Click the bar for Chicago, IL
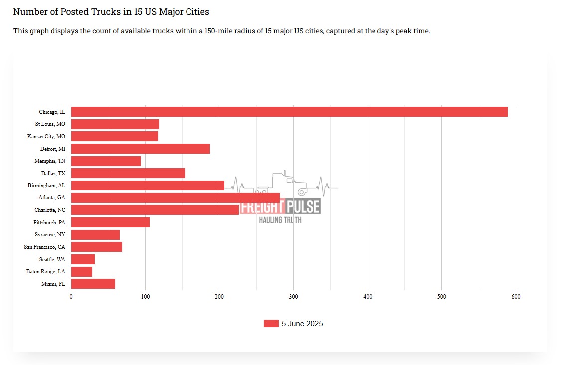click(289, 112)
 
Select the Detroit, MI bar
click(141, 149)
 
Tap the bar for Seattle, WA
click(83, 259)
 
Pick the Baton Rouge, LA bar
click(82, 272)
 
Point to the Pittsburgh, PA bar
click(110, 222)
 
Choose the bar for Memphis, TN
click(106, 161)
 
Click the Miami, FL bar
click(93, 284)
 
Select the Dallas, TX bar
click(128, 173)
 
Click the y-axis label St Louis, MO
click(50, 124)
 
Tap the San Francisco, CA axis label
click(44, 247)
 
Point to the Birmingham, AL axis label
click(46, 185)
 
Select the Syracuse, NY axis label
click(50, 234)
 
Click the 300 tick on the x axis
click(293, 297)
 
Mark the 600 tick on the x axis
click(516, 297)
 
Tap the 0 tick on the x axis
click(71, 297)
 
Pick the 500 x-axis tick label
click(441, 297)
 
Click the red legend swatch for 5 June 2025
click(271, 324)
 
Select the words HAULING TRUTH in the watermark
click(280, 220)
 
